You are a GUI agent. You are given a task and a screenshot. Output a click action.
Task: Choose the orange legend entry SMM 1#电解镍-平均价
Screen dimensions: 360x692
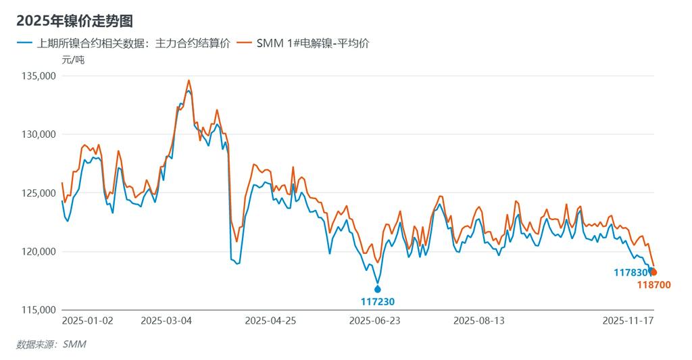coord(312,43)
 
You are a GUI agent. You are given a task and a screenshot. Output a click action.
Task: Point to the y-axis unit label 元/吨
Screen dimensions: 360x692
coord(73,59)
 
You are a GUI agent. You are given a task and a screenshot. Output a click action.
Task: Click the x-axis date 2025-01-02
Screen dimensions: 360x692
coord(88,321)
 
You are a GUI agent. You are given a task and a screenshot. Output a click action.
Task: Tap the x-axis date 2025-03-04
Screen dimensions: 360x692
coord(166,321)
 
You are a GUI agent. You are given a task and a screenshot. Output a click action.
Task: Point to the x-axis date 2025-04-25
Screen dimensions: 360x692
coord(270,321)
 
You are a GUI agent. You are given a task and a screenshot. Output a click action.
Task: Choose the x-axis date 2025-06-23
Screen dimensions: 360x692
coord(375,321)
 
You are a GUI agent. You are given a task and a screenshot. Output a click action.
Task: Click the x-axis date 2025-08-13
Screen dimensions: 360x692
coord(479,321)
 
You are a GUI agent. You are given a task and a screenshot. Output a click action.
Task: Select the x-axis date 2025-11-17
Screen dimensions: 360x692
coord(628,321)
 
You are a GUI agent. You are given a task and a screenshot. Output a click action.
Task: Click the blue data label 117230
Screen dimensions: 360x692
coord(378,302)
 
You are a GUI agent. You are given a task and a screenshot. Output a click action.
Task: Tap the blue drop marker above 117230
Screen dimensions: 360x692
coord(378,288)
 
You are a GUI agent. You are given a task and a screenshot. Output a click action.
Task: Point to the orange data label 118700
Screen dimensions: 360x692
coord(653,285)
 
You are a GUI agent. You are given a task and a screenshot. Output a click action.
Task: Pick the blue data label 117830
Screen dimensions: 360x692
coord(630,273)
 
